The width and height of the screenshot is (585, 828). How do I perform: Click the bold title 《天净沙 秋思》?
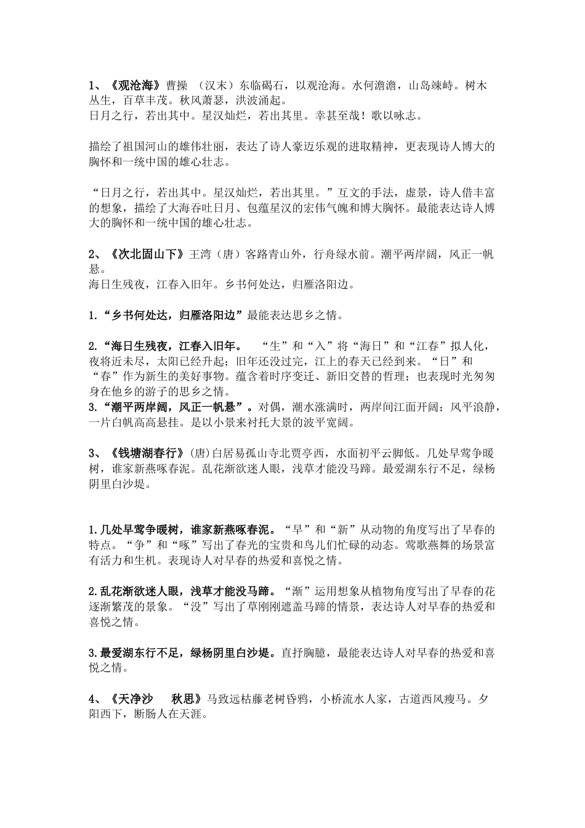pyautogui.click(x=157, y=699)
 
